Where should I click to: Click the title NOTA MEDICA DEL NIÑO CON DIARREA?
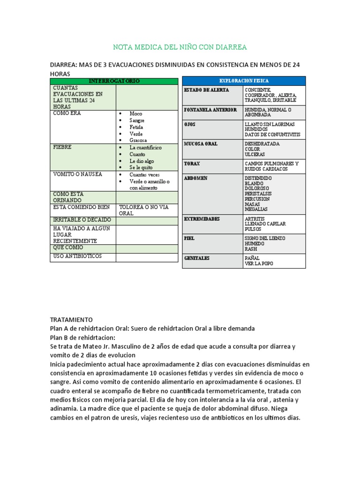180,47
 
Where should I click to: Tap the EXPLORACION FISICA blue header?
244,81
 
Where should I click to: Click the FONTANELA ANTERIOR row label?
210,110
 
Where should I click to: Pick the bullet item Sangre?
138,120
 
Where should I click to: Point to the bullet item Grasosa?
138,140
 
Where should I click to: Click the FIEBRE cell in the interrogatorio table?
62,147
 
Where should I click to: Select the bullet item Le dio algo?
142,161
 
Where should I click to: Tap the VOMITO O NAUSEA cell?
77,174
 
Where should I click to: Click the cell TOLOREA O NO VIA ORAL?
143,210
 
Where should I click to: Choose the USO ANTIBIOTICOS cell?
77,256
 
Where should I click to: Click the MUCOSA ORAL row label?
201,143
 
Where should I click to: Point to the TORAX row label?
192,164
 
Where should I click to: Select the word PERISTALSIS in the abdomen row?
258,194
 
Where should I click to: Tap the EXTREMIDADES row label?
202,219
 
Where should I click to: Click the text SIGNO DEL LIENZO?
264,238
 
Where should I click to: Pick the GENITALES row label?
196,258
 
